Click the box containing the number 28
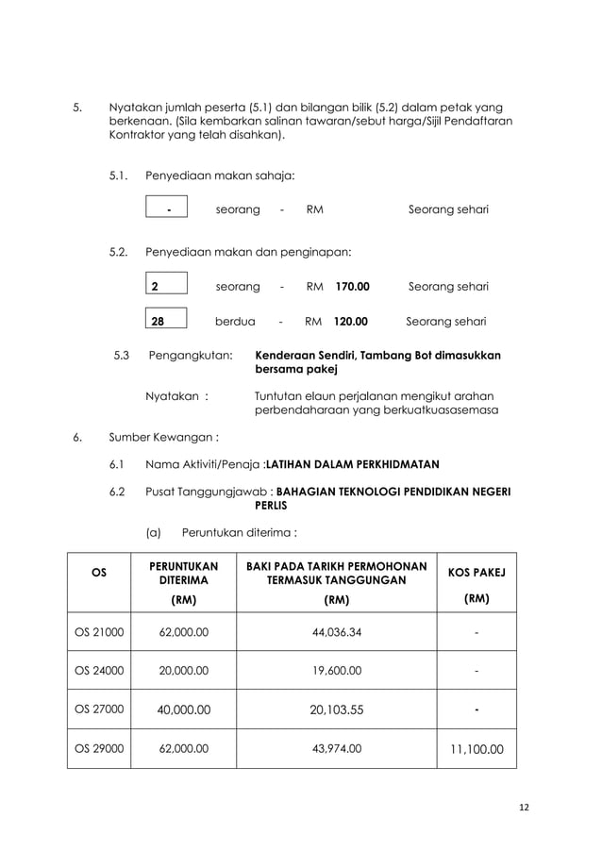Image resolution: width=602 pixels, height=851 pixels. coord(168,321)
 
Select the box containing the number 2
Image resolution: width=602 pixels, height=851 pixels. coord(168,286)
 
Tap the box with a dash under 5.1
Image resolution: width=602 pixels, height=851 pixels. coord(168,209)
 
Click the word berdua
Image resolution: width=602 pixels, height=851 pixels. coord(235,321)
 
